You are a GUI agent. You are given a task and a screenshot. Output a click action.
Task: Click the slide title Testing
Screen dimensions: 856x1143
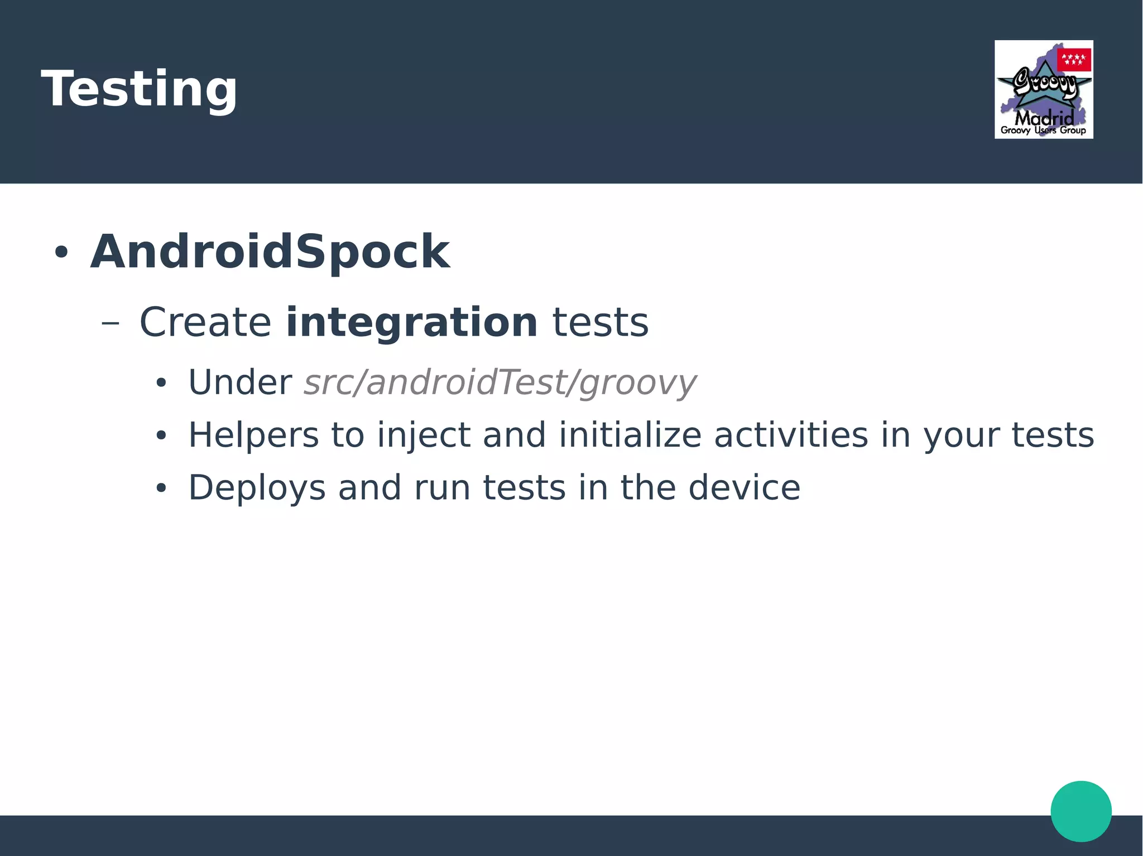coord(140,89)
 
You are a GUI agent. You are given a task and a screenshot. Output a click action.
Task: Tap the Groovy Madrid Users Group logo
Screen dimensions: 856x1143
coord(1043,89)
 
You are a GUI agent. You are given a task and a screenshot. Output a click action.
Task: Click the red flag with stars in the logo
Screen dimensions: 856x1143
coord(1074,60)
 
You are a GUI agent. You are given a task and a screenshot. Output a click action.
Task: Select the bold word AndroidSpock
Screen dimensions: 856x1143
coord(270,252)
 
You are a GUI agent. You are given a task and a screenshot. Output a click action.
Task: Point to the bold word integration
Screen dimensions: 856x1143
coord(411,322)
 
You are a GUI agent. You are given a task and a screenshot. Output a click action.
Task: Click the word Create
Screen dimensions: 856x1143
coord(205,322)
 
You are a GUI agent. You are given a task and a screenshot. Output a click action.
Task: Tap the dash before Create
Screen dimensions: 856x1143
coord(111,323)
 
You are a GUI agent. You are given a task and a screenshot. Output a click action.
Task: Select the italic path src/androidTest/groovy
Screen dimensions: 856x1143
coord(500,383)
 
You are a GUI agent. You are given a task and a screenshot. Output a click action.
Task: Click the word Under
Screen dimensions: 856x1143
coord(240,383)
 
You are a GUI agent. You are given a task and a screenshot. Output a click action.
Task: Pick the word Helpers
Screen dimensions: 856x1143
coord(253,436)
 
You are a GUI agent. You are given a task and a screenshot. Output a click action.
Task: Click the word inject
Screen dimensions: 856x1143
coord(424,436)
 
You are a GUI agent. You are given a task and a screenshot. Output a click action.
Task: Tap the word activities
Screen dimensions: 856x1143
coord(791,436)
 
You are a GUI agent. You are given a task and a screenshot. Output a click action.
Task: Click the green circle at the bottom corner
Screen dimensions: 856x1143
coord(1080,811)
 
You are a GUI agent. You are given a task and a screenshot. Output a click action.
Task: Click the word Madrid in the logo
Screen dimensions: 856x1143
coord(1044,118)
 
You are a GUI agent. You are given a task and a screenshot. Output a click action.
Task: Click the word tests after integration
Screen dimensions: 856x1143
coord(601,322)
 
